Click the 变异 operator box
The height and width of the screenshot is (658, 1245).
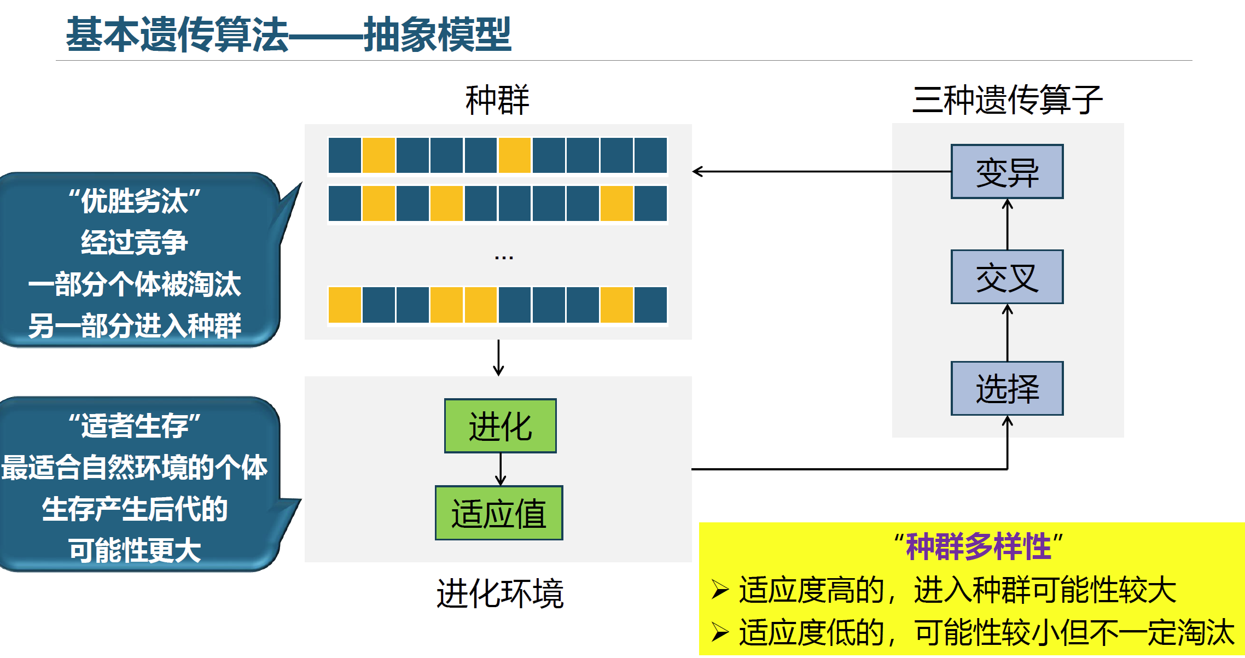coord(1007,172)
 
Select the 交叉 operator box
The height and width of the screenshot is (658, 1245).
coord(1007,277)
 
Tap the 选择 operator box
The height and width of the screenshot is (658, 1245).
coord(1007,388)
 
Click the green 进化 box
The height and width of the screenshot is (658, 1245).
coord(500,426)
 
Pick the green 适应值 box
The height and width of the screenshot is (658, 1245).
coord(498,513)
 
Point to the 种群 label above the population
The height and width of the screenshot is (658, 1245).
coord(497,100)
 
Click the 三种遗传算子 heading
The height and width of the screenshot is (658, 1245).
coord(1007,100)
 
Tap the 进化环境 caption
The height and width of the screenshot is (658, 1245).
coord(499,593)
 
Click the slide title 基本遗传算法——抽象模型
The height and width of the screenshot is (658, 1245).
coord(288,34)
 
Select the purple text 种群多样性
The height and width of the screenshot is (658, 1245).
coord(978,546)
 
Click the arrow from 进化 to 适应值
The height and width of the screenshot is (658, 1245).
coord(501,470)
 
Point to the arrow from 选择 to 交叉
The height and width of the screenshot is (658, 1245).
coord(1008,333)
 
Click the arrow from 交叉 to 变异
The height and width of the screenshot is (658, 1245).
coord(1008,224)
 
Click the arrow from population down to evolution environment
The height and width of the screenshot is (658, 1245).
coord(498,359)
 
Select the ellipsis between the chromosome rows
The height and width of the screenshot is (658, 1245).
coord(503,257)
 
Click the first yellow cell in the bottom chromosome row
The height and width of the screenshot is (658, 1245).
coord(345,305)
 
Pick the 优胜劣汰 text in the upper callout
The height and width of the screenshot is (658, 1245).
coord(135,201)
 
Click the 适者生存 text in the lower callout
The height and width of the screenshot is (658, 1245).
coord(135,426)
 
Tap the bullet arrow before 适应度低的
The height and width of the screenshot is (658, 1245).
coord(720,633)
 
